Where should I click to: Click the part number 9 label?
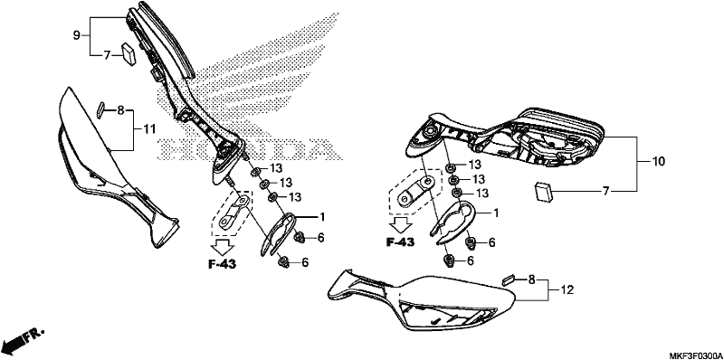(x=77, y=35)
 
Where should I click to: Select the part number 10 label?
(x=658, y=162)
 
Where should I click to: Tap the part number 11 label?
(x=148, y=129)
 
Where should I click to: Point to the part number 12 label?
(x=567, y=290)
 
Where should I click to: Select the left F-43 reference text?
(x=222, y=264)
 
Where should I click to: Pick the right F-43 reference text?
(x=400, y=242)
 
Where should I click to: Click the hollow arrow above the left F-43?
(x=223, y=246)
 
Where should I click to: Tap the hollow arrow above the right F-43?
(x=400, y=224)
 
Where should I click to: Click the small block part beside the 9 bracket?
(x=129, y=55)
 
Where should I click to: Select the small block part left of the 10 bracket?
(x=544, y=193)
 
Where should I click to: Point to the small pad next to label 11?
(x=101, y=110)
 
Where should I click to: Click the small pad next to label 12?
(x=509, y=279)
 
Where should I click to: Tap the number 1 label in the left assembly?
(x=323, y=216)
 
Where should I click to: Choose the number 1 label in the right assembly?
(x=496, y=213)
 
